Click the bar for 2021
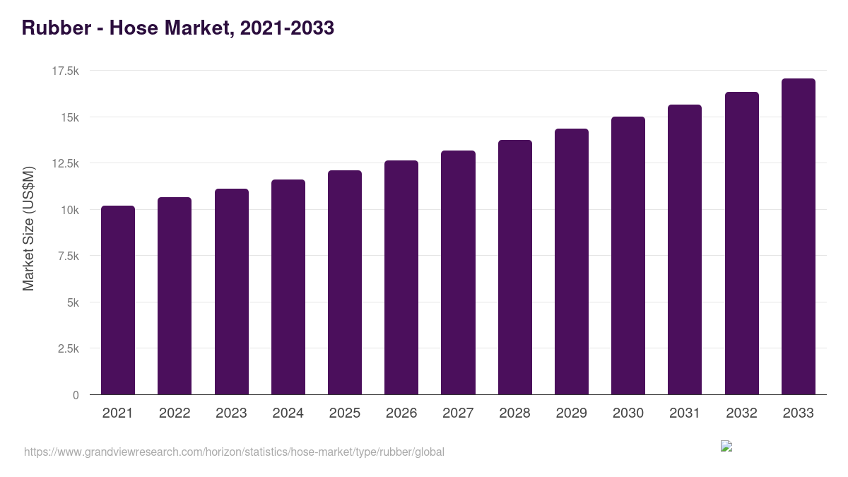tap(118, 300)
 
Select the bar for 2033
tap(798, 237)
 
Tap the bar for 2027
tap(458, 273)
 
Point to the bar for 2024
tap(288, 287)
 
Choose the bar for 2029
tap(571, 261)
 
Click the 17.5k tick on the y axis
tap(65, 71)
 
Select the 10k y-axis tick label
tap(68, 210)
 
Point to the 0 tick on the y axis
tap(76, 395)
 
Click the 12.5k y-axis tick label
tap(65, 163)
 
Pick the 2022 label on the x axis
tap(175, 413)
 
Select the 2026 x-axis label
tap(401, 413)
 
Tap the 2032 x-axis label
tap(741, 413)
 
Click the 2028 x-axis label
tap(514, 413)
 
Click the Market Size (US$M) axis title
tap(28, 228)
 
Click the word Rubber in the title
tap(55, 28)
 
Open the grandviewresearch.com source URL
tap(234, 452)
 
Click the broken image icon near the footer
tap(726, 446)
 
